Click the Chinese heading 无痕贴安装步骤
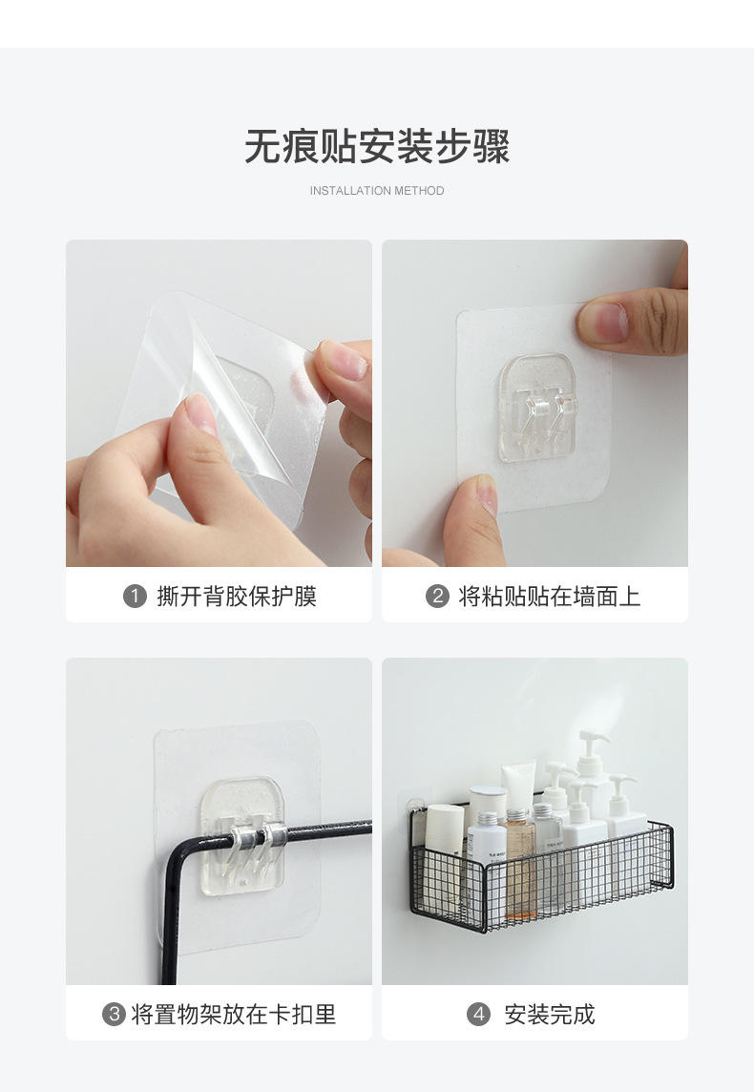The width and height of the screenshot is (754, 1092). pos(377,147)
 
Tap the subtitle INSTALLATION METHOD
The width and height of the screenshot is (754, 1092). pos(377,191)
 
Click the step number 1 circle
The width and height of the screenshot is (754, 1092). pos(135,597)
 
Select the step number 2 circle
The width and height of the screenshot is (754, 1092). pos(437,597)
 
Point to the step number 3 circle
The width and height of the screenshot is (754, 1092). pos(114,1014)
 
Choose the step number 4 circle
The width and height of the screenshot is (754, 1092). pos(478,1014)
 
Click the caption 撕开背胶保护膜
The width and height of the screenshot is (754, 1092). pos(237,597)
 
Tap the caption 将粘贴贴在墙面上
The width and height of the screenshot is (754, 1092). pos(550,597)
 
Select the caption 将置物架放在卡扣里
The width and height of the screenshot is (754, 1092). pos(234,1014)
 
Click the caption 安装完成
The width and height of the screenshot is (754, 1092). pos(550,1014)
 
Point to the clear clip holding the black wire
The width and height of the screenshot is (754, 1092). pos(244,835)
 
